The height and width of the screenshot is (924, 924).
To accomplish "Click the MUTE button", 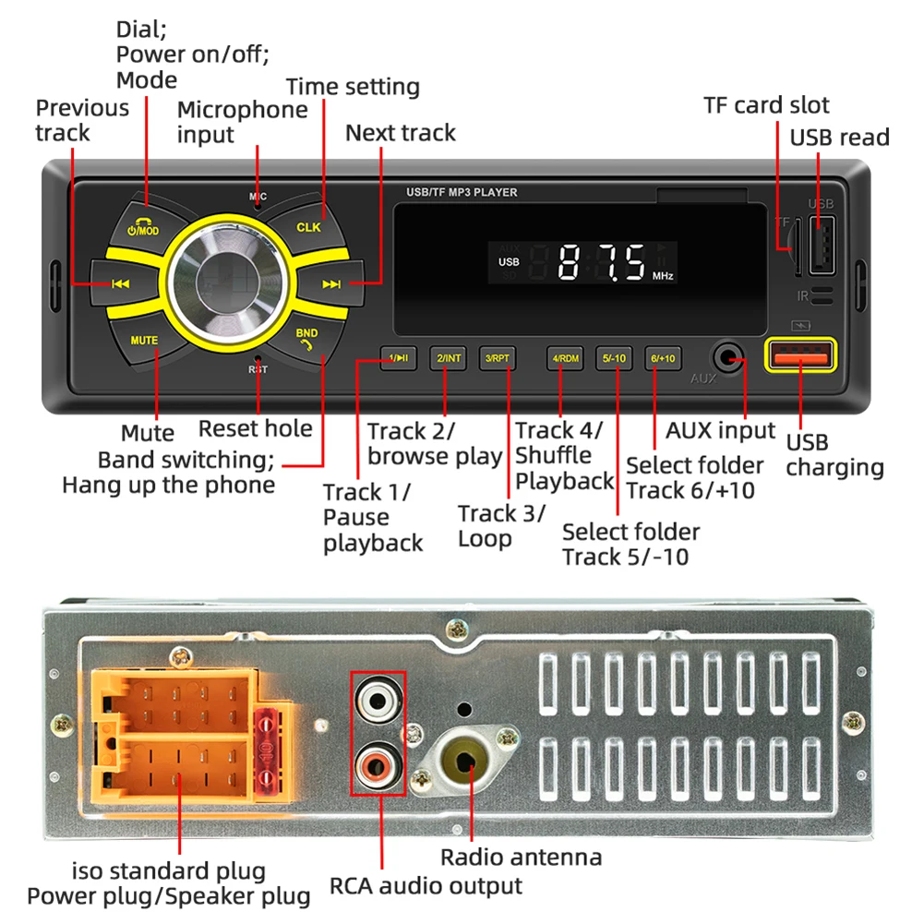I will (144, 340).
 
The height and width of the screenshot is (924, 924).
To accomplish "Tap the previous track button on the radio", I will (119, 284).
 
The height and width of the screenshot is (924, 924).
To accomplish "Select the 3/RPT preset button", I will (498, 357).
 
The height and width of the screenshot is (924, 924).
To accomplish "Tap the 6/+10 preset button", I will (663, 357).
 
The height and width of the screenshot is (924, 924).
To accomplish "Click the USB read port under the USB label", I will (822, 244).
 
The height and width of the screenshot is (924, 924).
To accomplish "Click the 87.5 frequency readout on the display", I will (602, 263).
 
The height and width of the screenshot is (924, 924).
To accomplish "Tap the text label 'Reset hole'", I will (256, 428).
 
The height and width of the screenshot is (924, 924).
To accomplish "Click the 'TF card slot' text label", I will (766, 105).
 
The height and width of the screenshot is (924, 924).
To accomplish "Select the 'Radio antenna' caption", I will (521, 858).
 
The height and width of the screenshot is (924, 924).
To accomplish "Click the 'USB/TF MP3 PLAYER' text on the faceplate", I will (462, 193).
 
